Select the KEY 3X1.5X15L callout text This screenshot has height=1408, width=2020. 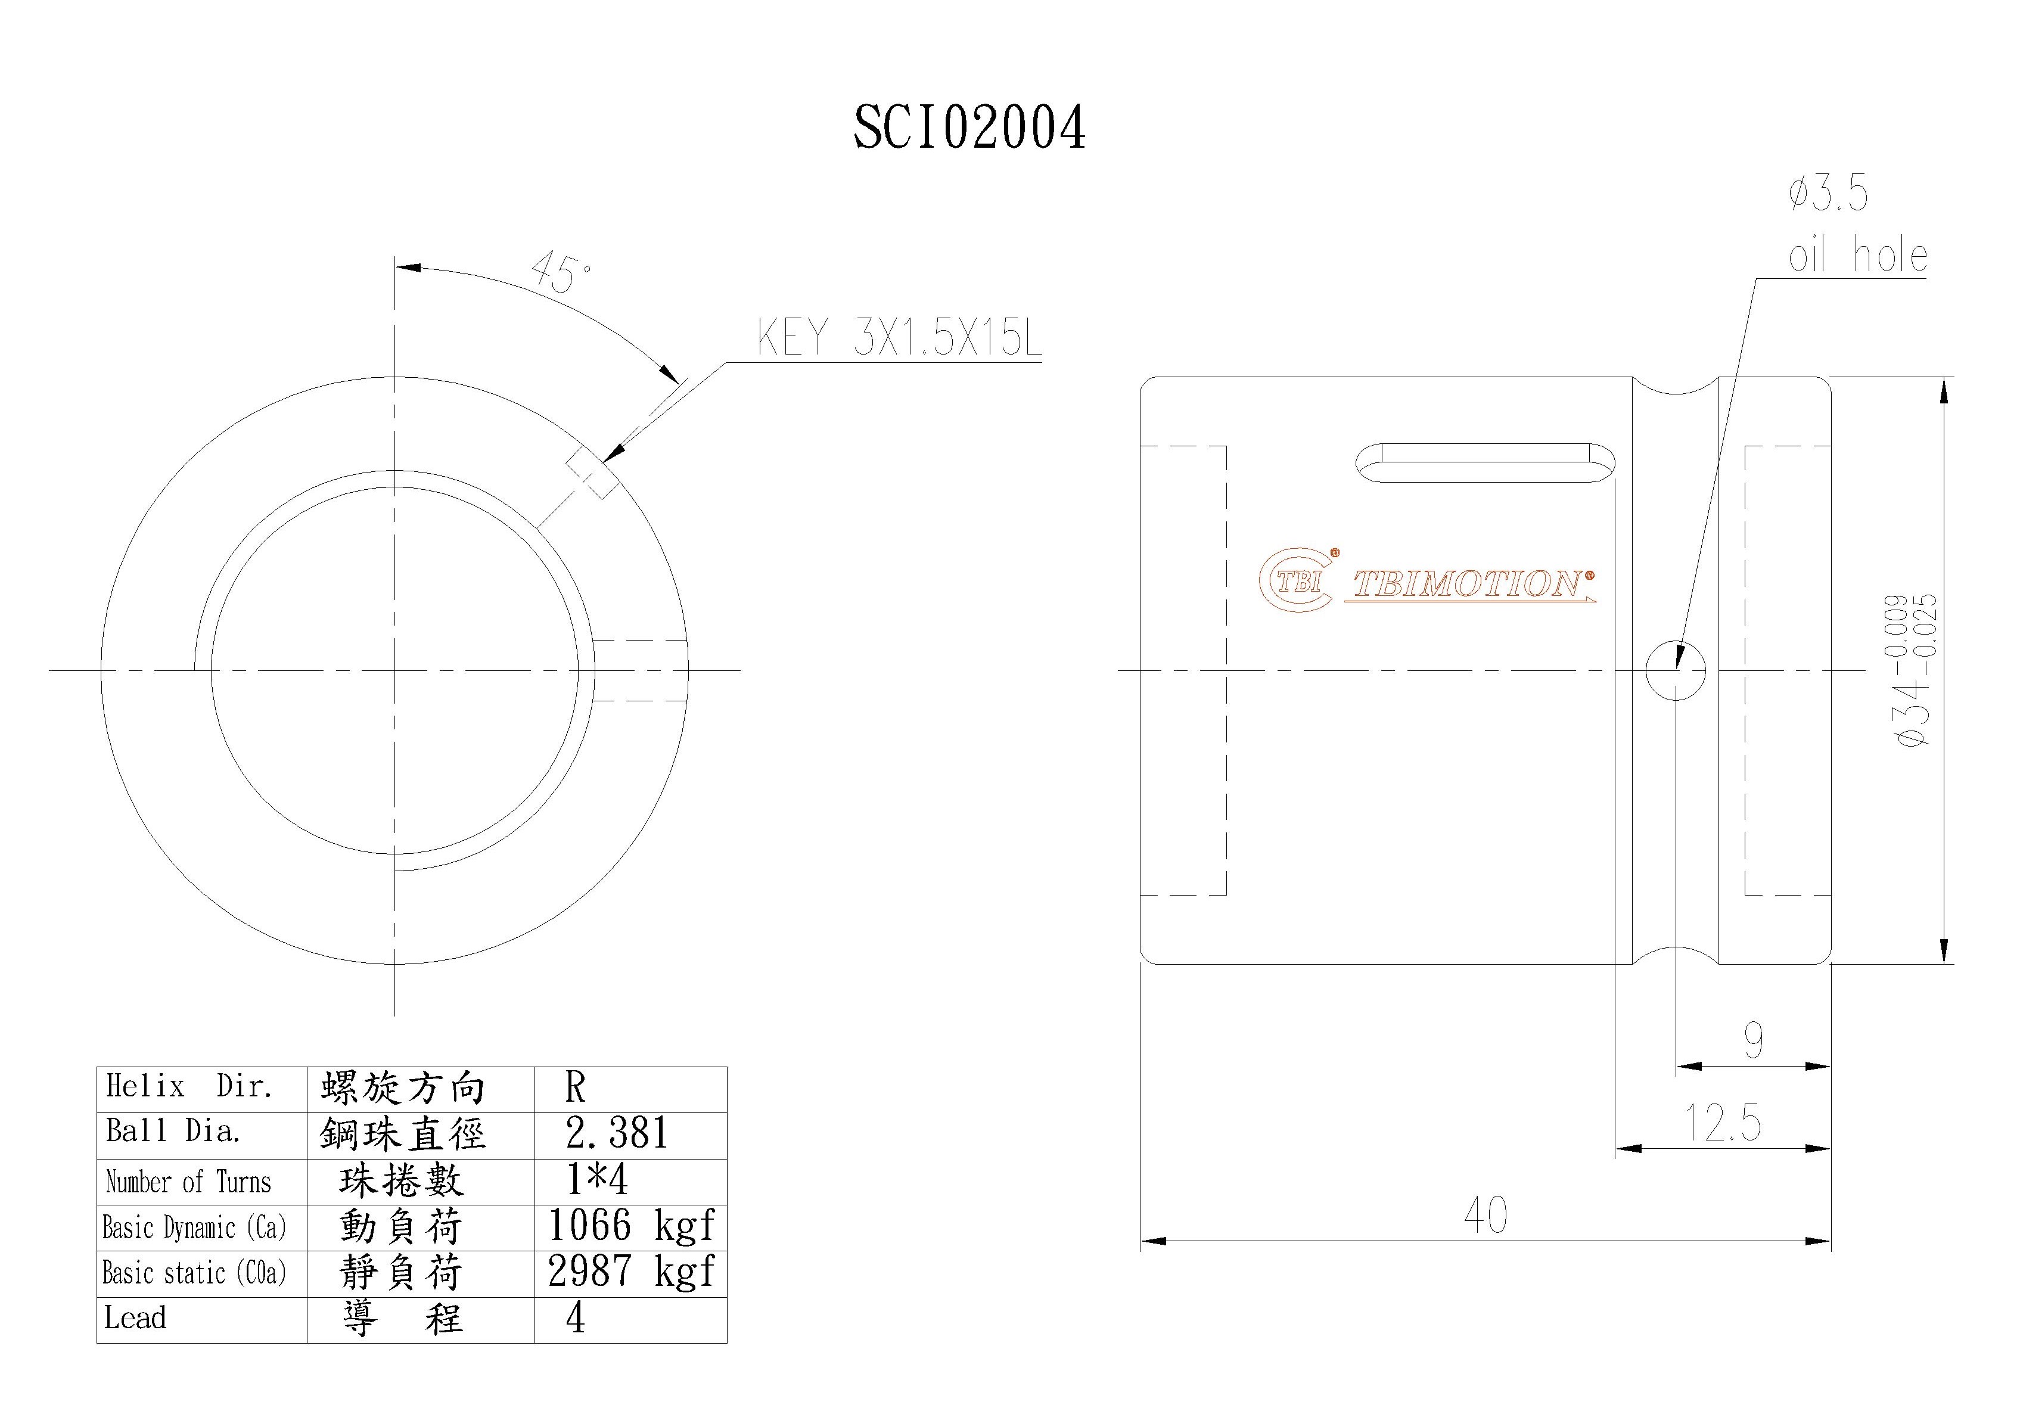[899, 338]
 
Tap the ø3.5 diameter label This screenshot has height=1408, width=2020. [1828, 194]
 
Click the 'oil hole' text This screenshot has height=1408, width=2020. [1857, 256]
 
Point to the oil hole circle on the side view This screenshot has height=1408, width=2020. [1675, 670]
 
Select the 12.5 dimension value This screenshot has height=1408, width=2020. [1723, 1123]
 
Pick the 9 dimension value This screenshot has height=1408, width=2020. [1754, 1041]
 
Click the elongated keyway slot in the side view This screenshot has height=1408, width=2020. [1487, 463]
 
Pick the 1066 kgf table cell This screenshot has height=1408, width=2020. [630, 1226]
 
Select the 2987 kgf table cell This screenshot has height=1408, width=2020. [630, 1272]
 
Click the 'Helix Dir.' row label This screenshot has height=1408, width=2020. [189, 1087]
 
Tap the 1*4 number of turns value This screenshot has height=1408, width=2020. [598, 1180]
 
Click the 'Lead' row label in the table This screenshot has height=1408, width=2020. [135, 1317]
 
